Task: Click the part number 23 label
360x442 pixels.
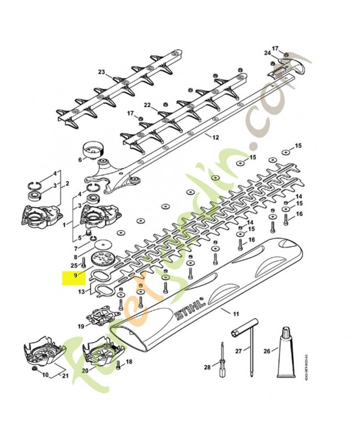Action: click(101, 72)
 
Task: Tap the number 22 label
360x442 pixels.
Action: click(147, 104)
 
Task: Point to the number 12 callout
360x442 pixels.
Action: click(215, 137)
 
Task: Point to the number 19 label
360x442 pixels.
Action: click(81, 327)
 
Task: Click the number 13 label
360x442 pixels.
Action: click(81, 291)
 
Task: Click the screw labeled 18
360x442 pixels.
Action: click(119, 364)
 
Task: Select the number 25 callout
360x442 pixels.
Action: click(74, 266)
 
